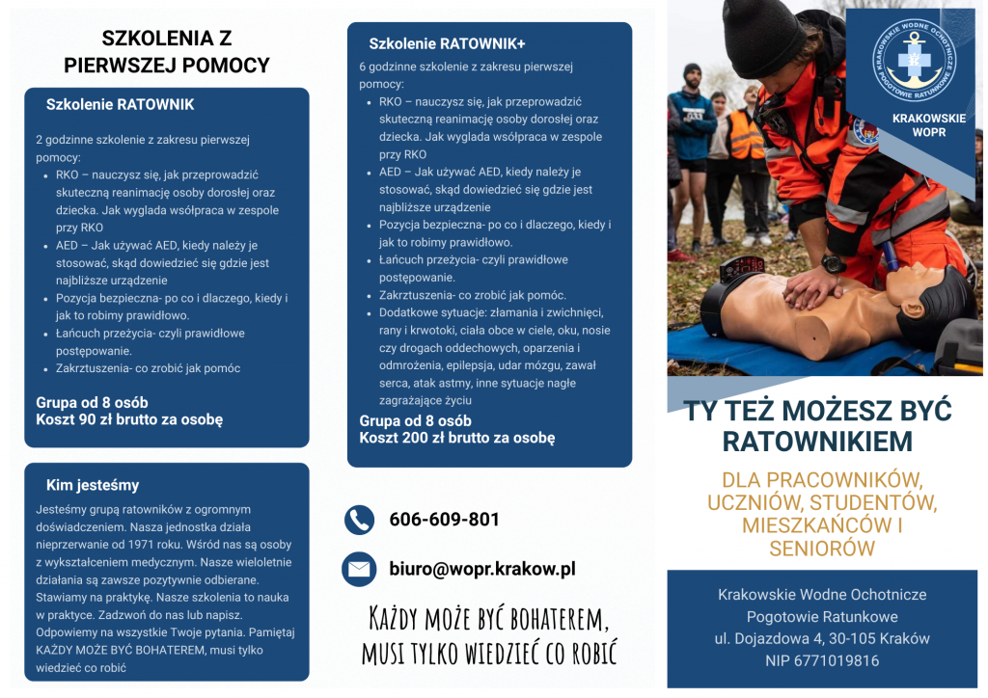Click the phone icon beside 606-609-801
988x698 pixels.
(x=359, y=520)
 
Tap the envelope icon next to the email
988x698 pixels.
(x=359, y=569)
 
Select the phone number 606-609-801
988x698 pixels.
(x=444, y=520)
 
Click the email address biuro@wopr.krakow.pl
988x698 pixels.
(x=481, y=569)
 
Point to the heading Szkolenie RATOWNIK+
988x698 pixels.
(x=447, y=43)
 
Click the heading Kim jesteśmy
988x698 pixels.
(x=93, y=485)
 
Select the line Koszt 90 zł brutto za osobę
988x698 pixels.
(x=129, y=419)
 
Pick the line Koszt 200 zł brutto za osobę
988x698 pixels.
(x=457, y=437)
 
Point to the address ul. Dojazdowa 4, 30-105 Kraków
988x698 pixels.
(x=821, y=638)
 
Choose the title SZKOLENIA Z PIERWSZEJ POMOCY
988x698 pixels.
(x=166, y=52)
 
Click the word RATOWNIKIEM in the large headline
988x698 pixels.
(x=817, y=442)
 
